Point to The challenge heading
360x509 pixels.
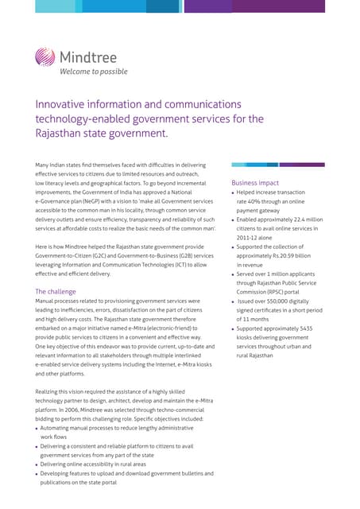pos(56,291)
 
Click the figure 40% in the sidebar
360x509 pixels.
pos(260,201)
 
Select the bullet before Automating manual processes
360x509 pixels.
pos(37,429)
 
